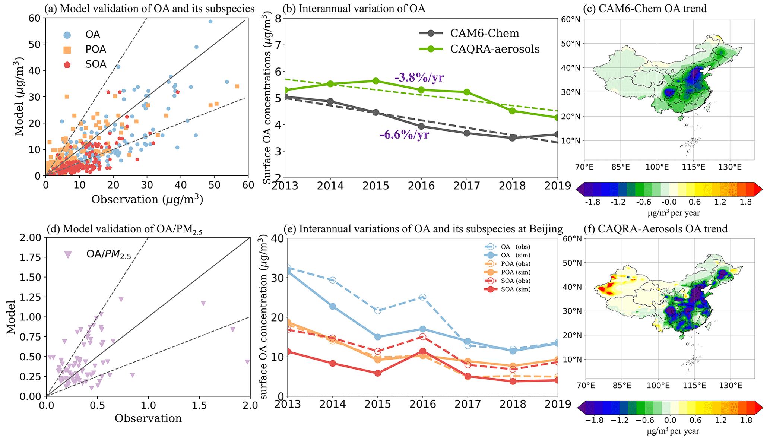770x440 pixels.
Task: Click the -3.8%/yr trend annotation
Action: click(419, 78)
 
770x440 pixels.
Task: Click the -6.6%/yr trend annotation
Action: click(404, 134)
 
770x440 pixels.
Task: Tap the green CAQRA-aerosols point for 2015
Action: click(376, 81)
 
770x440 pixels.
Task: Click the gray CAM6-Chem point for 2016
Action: click(421, 126)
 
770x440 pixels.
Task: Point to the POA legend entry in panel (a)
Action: click(96, 49)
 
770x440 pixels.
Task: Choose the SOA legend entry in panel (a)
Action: click(96, 64)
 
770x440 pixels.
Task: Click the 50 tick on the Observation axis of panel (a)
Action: click(214, 185)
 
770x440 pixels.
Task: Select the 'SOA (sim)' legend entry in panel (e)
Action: click(516, 289)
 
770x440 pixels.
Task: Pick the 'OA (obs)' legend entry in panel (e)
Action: click(516, 247)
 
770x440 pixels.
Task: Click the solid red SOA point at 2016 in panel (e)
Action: click(423, 351)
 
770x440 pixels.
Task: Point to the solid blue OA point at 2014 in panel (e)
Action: click(332, 306)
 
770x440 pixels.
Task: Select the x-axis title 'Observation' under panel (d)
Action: click(148, 418)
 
